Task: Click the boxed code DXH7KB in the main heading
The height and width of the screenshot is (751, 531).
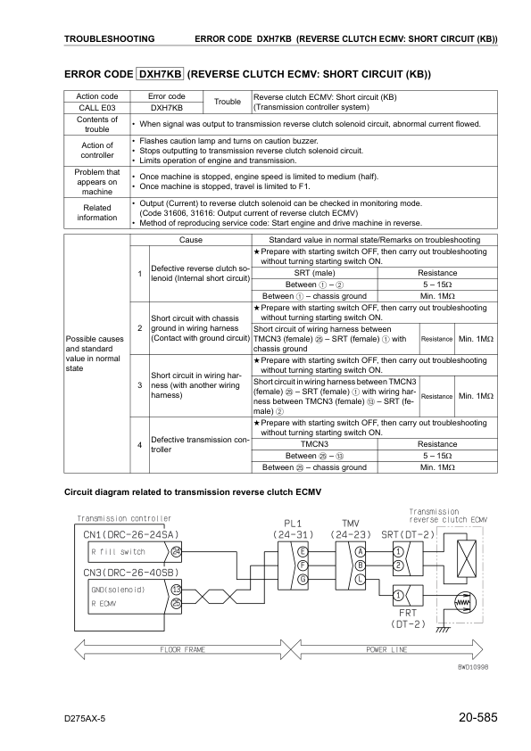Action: [160, 74]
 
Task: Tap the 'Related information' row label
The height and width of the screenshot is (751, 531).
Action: [96, 212]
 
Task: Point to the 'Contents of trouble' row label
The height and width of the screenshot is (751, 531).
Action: [96, 124]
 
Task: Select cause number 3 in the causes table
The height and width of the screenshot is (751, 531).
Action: [140, 384]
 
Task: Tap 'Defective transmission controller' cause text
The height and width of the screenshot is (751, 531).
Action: [198, 444]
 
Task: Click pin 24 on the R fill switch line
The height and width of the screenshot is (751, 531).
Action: [176, 550]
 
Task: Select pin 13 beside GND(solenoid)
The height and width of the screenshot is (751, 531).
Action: [176, 590]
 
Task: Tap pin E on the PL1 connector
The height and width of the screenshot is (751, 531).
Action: [303, 550]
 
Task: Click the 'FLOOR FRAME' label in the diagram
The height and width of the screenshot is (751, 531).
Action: [183, 649]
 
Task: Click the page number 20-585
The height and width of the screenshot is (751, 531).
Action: [476, 717]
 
